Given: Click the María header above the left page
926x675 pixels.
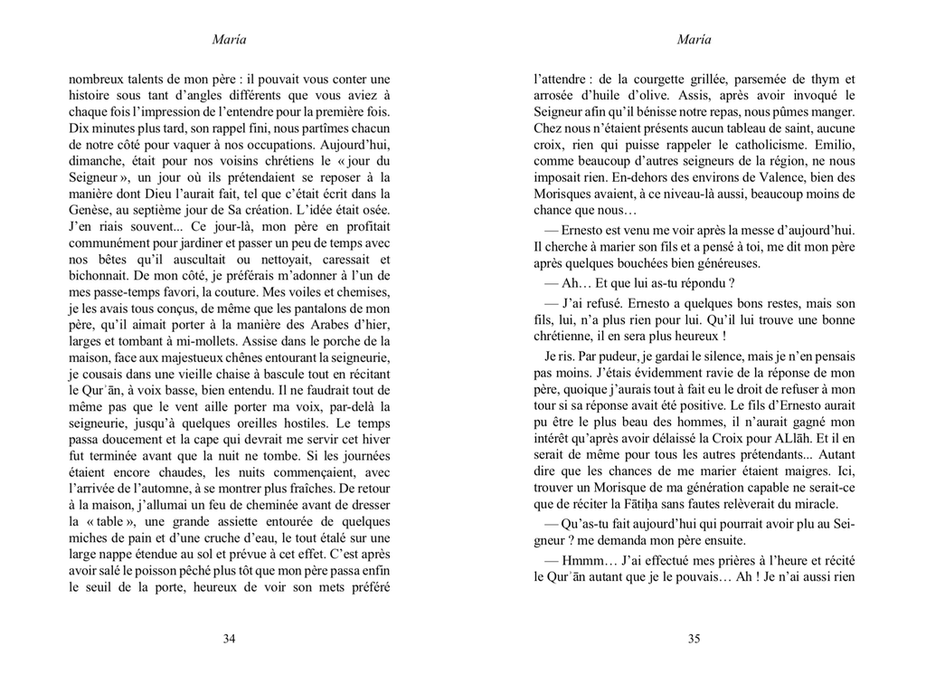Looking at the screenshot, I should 229,39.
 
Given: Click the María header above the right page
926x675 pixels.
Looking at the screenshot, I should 694,39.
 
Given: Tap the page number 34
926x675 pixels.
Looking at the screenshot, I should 229,639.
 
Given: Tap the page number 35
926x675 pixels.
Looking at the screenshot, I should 694,639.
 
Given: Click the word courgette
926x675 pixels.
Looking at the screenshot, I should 656,79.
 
